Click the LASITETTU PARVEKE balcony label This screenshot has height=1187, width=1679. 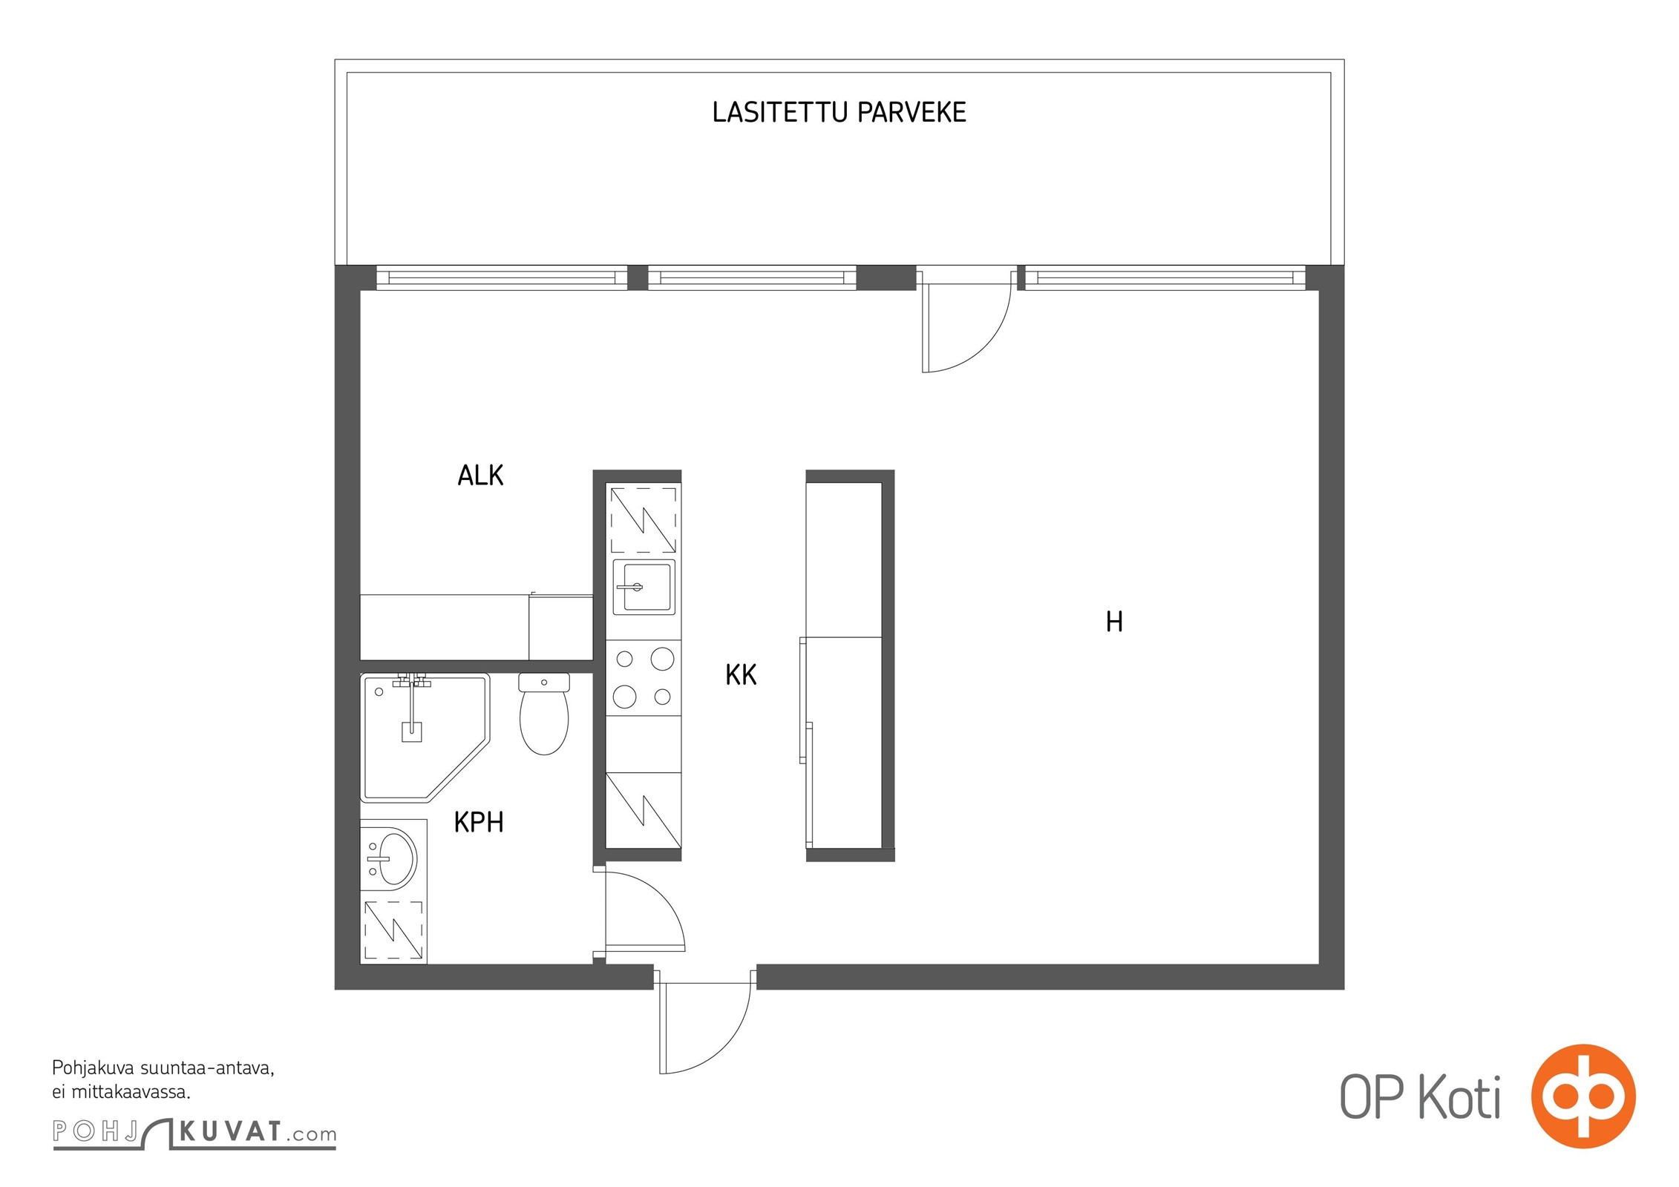tap(839, 112)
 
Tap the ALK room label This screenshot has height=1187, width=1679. tap(480, 476)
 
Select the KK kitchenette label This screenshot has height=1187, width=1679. tap(741, 675)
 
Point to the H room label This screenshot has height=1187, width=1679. tap(1114, 622)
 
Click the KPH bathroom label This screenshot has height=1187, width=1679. tap(479, 822)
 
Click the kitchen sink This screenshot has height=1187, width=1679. tap(644, 587)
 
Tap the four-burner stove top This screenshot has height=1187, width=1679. tap(644, 677)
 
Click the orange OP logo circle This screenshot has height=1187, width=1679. tap(1583, 1096)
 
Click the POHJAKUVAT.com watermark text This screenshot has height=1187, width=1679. tap(194, 1133)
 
